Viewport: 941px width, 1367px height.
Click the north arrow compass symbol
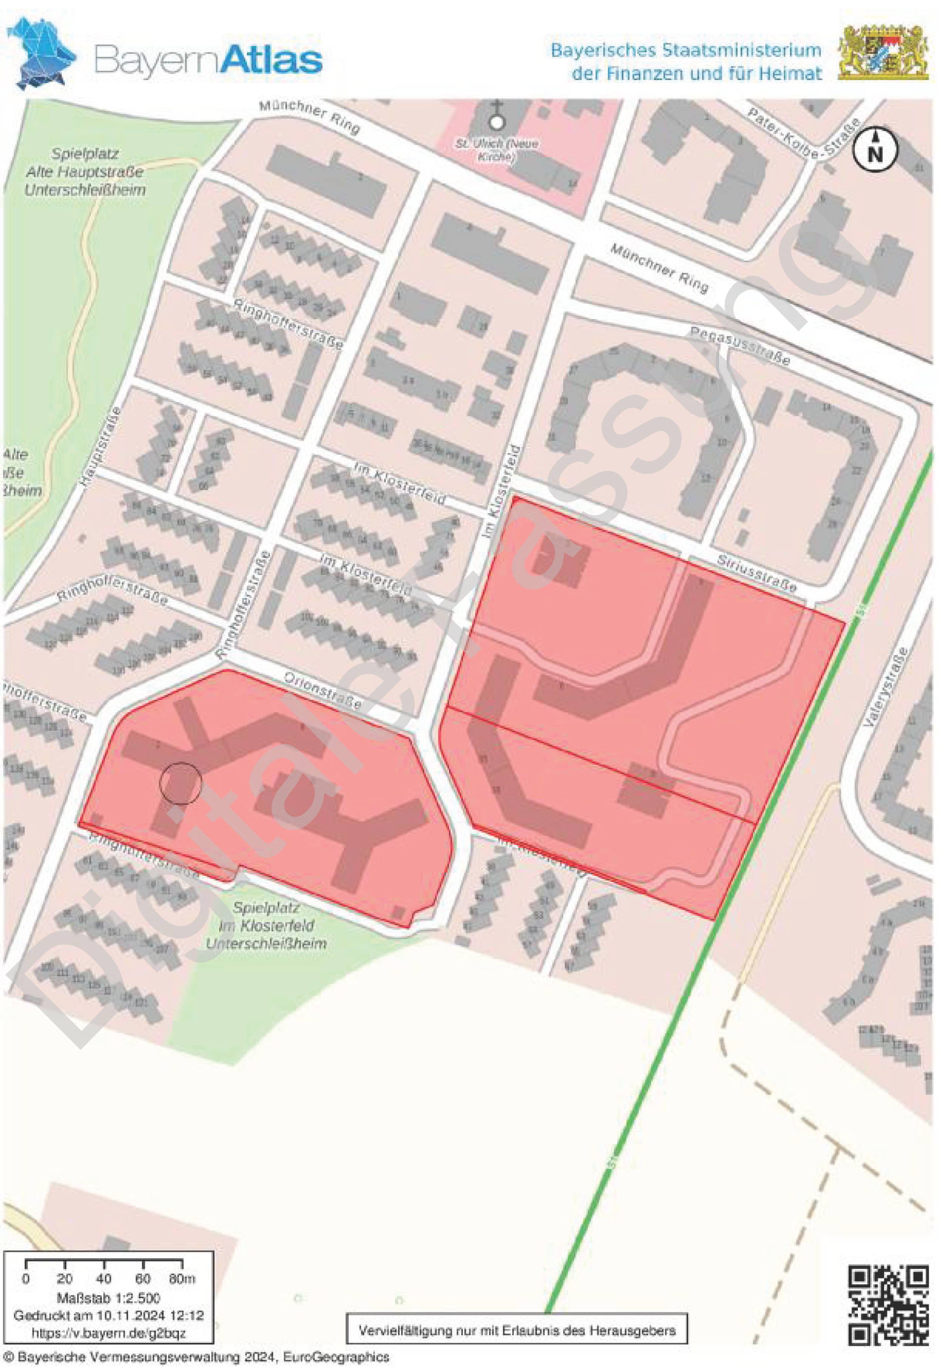pyautogui.click(x=876, y=149)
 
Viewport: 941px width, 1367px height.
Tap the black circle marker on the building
pyautogui.click(x=180, y=782)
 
